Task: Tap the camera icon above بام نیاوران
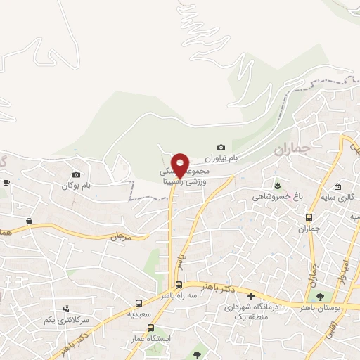[221, 147]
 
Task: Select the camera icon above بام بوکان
[77, 174]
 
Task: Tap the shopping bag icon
[30, 221]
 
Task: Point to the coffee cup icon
[6, 182]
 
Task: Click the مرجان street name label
[119, 237]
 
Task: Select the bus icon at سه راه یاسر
[179, 285]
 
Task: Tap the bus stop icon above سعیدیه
[139, 304]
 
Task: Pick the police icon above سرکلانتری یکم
[67, 308]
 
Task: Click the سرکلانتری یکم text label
[67, 320]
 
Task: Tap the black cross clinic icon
[251, 296]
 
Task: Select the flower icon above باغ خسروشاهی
[279, 186]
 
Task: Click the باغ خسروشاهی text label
[277, 197]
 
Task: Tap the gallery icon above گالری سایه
[338, 187]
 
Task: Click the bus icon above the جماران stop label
[310, 217]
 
